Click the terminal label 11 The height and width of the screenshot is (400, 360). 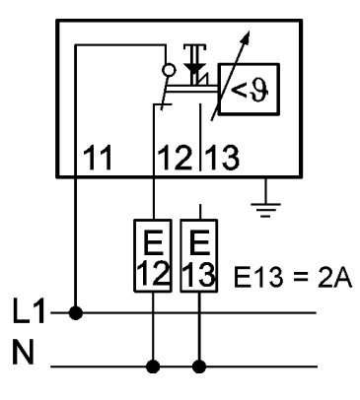[x=98, y=158]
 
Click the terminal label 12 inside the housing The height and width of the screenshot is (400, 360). [x=175, y=158]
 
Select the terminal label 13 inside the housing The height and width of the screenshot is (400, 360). [x=222, y=158]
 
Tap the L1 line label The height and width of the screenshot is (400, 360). [x=29, y=310]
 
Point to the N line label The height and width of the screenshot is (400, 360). [x=23, y=352]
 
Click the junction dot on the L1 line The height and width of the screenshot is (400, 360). [x=76, y=313]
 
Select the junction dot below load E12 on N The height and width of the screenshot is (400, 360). [x=153, y=367]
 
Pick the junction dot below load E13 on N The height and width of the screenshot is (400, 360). [x=199, y=367]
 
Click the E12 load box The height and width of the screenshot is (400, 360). [x=153, y=255]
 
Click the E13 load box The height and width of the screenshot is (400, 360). [x=198, y=255]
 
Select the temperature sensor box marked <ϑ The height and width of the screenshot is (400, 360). [x=249, y=89]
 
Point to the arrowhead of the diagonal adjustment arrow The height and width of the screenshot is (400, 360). [x=246, y=36]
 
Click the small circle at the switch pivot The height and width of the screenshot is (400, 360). [x=169, y=70]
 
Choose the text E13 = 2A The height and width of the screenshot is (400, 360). [x=293, y=278]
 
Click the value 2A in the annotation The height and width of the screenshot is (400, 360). [x=334, y=278]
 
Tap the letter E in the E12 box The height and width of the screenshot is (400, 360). [x=153, y=242]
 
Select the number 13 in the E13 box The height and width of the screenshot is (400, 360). [x=198, y=274]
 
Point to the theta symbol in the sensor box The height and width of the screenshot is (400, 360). [x=258, y=90]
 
